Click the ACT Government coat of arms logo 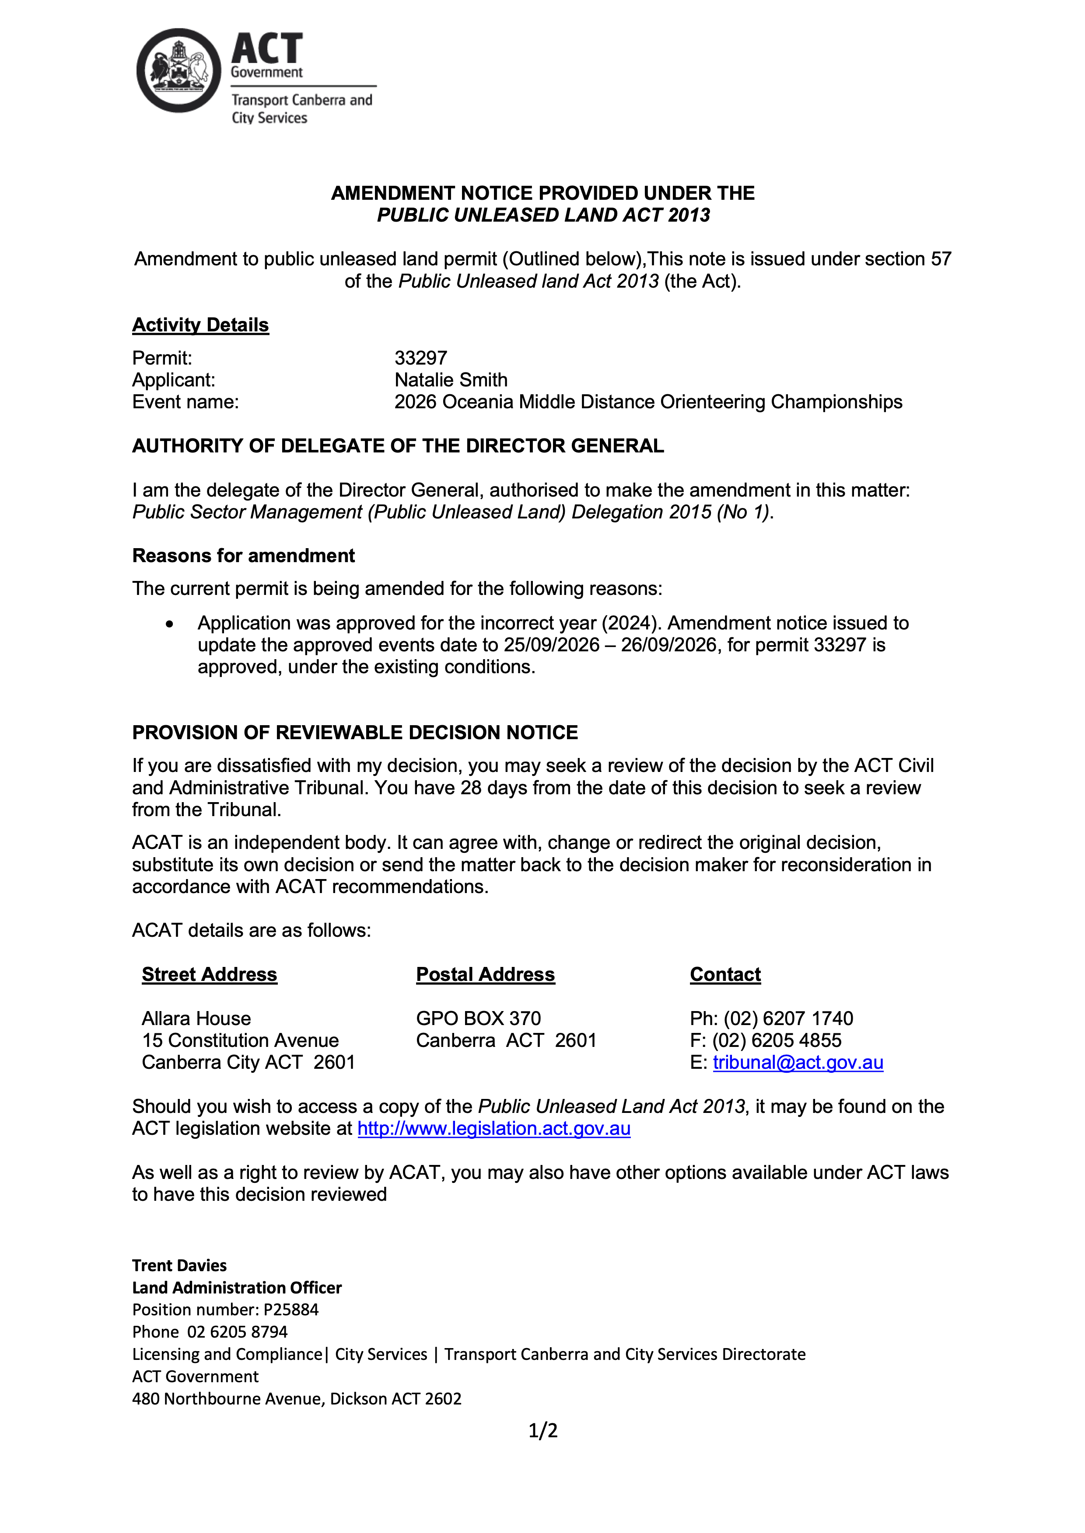178,71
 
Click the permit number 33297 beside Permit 420,358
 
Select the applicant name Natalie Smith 451,381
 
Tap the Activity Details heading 200,325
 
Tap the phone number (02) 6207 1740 788,1019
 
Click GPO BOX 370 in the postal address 478,1019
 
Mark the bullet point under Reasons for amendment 170,624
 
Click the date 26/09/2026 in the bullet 668,646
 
